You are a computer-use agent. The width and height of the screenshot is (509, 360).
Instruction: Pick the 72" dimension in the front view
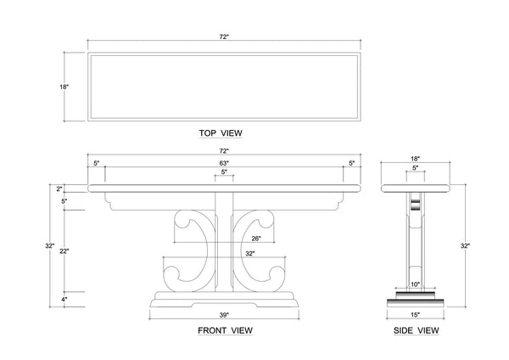click(225, 150)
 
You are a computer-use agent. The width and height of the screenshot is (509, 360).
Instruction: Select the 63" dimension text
click(225, 162)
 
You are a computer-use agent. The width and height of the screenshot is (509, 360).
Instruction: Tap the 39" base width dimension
click(225, 315)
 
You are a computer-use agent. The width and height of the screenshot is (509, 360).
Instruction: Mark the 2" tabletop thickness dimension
click(59, 188)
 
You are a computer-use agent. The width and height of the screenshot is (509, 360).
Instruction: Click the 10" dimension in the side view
click(415, 284)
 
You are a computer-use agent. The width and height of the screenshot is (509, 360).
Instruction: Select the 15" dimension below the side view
click(414, 314)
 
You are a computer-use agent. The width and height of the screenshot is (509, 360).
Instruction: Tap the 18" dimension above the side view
click(414, 158)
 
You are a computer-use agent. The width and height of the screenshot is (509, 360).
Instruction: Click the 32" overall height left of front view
click(51, 246)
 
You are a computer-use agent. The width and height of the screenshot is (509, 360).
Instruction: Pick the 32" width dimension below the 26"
click(249, 254)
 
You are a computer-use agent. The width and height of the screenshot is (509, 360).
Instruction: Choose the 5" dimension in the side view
click(414, 168)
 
